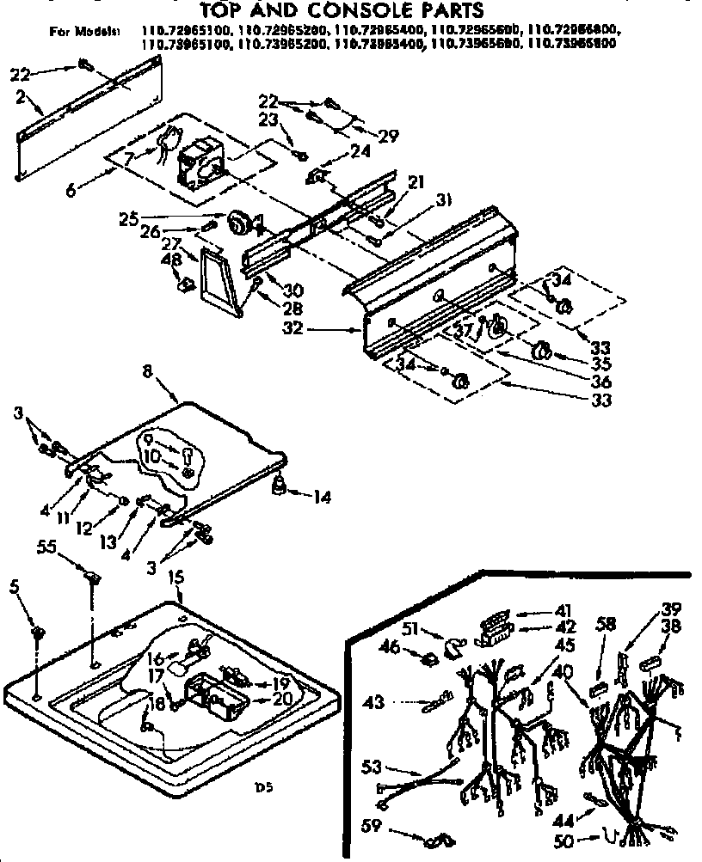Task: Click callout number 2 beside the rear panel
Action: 21,97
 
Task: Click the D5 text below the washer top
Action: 276,784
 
